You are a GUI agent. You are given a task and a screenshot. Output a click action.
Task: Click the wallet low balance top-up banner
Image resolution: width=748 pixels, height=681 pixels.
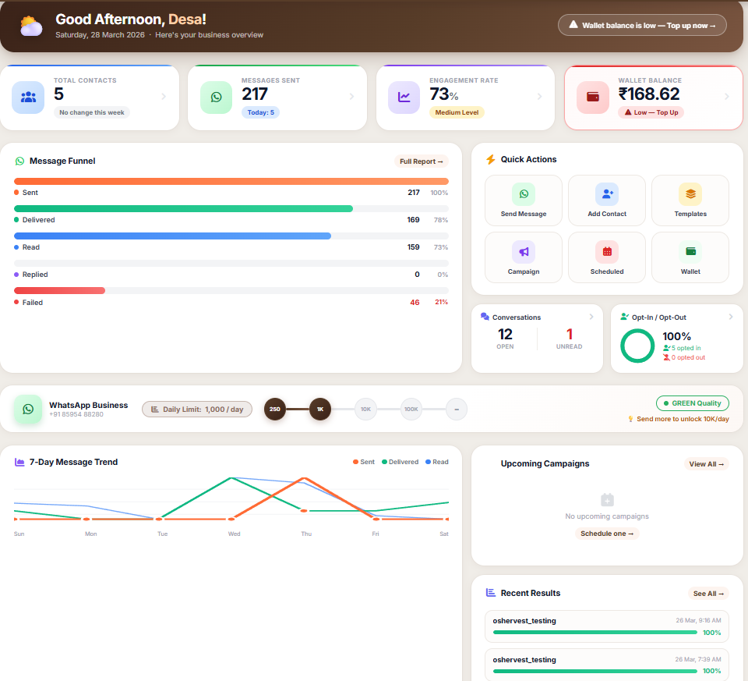click(642, 25)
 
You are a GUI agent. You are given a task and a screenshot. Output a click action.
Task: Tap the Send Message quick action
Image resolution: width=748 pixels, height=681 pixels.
click(524, 200)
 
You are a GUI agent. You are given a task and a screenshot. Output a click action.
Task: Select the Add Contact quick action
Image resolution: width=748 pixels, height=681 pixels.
click(607, 200)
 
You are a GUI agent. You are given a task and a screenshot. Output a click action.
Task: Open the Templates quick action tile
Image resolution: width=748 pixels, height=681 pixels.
click(690, 200)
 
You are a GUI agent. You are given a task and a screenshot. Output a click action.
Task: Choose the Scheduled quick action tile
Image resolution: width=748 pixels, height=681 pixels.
click(607, 257)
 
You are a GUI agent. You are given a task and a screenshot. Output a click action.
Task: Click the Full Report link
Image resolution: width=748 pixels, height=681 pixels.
click(422, 161)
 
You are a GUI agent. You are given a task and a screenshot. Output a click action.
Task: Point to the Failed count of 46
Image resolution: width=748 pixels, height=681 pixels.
click(415, 303)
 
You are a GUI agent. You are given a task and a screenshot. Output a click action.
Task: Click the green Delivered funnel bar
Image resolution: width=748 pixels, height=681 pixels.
click(183, 208)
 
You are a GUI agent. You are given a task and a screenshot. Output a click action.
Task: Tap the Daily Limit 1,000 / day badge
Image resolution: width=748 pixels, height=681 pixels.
click(197, 409)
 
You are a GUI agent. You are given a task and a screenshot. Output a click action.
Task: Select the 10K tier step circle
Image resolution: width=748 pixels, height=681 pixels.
click(365, 409)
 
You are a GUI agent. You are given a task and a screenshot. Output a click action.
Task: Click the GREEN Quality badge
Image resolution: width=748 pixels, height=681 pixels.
click(693, 403)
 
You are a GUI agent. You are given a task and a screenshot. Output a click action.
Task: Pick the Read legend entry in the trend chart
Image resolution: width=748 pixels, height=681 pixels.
click(436, 462)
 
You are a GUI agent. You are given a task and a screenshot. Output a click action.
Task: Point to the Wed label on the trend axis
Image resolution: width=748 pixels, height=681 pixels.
click(235, 534)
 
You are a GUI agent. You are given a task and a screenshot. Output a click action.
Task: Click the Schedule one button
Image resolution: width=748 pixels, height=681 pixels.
click(607, 534)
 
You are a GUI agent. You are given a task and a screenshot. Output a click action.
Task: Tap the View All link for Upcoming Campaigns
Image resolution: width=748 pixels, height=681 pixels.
click(707, 464)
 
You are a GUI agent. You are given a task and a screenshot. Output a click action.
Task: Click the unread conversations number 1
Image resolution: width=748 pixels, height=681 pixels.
click(570, 334)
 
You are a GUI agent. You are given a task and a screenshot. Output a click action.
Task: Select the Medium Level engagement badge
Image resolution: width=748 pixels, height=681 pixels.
click(457, 112)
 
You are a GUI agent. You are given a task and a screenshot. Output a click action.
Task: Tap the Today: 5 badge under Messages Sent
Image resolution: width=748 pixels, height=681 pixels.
click(260, 112)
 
